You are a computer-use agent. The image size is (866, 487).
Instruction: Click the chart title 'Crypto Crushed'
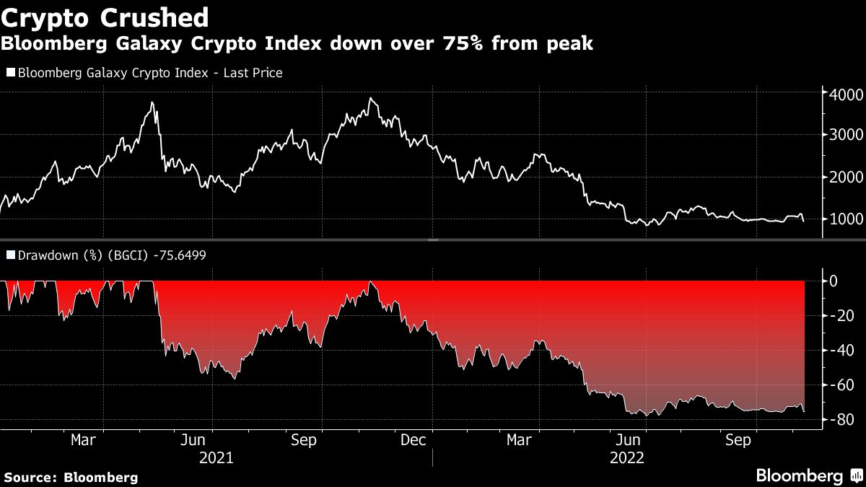pyautogui.click(x=105, y=17)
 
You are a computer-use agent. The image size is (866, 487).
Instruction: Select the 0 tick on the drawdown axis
pyautogui.click(x=833, y=281)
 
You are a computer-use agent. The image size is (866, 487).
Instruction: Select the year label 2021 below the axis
pyautogui.click(x=216, y=457)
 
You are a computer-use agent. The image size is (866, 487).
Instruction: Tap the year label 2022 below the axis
pyautogui.click(x=628, y=457)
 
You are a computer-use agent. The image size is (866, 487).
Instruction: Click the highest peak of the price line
pyautogui.click(x=370, y=98)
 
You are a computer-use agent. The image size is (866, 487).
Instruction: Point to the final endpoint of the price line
pyautogui.click(x=804, y=221)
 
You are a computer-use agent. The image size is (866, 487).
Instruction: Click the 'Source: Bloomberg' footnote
pyautogui.click(x=71, y=477)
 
